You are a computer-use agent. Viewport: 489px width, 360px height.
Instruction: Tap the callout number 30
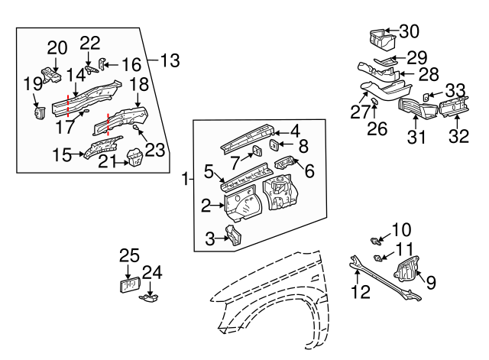410,31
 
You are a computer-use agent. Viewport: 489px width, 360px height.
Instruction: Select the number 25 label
129,255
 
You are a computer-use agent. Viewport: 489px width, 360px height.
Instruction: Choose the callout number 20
57,47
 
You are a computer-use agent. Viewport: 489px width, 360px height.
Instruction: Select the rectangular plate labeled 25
128,285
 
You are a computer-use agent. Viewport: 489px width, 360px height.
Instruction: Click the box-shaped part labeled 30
378,37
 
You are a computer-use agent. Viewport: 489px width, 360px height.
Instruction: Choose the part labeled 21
134,159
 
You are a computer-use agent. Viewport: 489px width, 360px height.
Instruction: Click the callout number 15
63,155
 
